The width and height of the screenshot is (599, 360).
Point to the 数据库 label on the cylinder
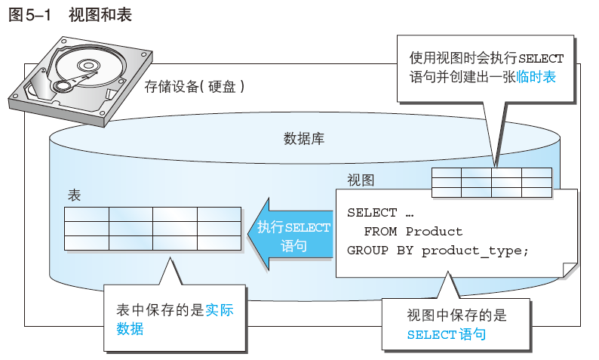pyautogui.click(x=304, y=138)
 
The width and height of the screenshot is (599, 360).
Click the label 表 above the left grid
pyautogui.click(x=74, y=195)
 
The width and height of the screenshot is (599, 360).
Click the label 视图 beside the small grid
pyautogui.click(x=360, y=180)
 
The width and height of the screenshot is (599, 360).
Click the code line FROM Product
pyautogui.click(x=413, y=231)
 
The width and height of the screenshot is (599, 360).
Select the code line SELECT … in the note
pyautogui.click(x=381, y=212)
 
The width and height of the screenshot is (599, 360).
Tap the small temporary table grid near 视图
pyautogui.click(x=491, y=182)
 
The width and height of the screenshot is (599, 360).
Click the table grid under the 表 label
pyautogui.click(x=152, y=229)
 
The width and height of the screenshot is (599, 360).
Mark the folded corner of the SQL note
pyautogui.click(x=570, y=269)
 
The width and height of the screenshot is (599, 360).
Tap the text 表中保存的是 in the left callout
pyautogui.click(x=160, y=310)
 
